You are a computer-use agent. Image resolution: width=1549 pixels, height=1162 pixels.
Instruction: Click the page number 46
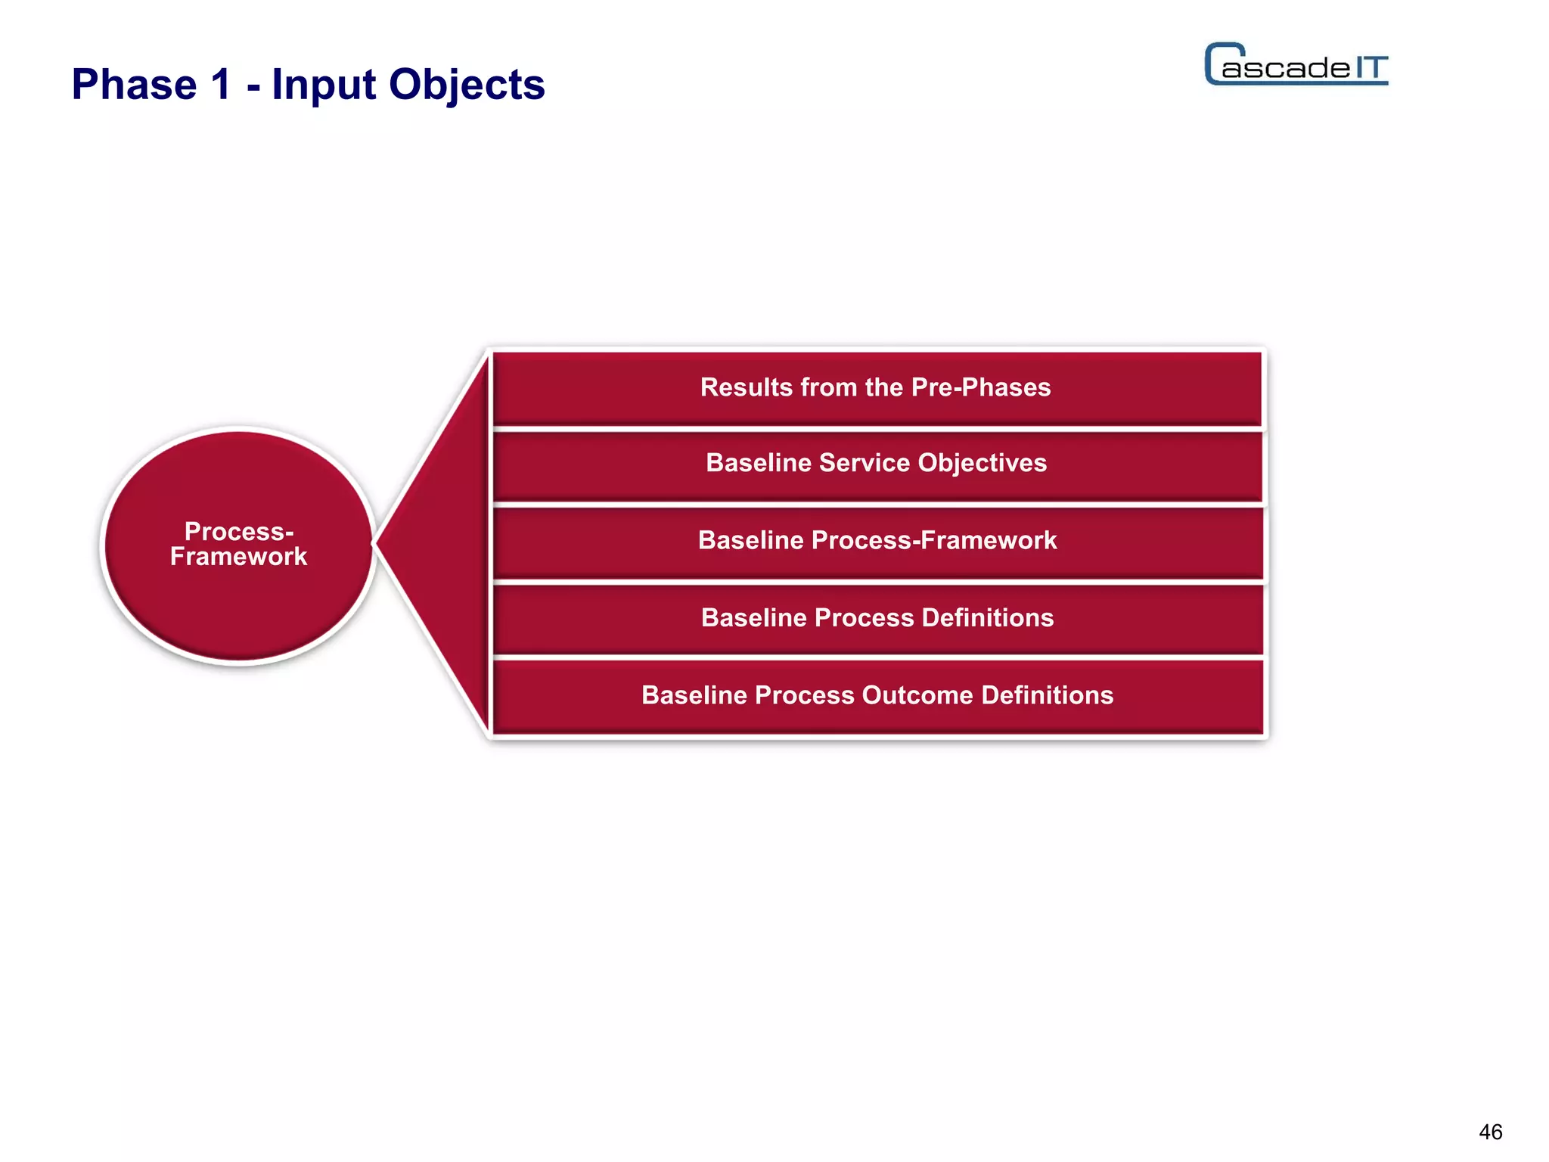[x=1490, y=1132]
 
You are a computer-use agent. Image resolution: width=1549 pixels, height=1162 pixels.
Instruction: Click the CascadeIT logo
[x=1296, y=65]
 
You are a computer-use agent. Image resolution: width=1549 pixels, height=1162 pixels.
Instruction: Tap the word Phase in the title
[x=134, y=84]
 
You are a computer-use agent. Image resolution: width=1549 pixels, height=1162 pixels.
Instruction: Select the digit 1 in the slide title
[x=221, y=84]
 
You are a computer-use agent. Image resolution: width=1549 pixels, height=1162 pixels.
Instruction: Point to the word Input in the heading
[x=323, y=85]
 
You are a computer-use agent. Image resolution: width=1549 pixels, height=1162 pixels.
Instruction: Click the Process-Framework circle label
[x=238, y=544]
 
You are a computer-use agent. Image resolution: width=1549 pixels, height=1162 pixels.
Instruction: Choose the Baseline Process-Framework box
[x=877, y=541]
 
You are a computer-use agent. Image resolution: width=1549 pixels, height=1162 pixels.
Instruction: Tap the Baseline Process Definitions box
[x=877, y=618]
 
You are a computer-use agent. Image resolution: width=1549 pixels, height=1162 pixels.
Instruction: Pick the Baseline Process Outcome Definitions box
[x=877, y=696]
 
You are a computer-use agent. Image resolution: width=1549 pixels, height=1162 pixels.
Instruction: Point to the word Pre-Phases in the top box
[x=981, y=387]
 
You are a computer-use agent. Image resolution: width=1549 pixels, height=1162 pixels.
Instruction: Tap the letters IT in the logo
[x=1370, y=68]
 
